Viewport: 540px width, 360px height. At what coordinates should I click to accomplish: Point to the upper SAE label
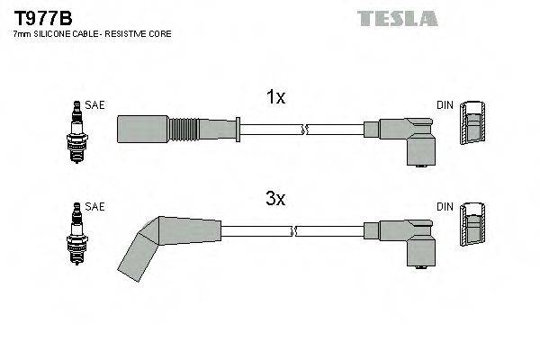tap(95, 105)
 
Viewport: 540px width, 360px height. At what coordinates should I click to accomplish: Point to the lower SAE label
tap(95, 207)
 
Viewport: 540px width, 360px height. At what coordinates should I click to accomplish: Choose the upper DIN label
tap(445, 105)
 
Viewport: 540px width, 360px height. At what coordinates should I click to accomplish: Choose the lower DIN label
tap(445, 207)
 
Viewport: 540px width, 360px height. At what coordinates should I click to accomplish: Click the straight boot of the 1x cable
tap(143, 129)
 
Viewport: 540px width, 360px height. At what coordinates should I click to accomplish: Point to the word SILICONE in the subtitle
tap(56, 33)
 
